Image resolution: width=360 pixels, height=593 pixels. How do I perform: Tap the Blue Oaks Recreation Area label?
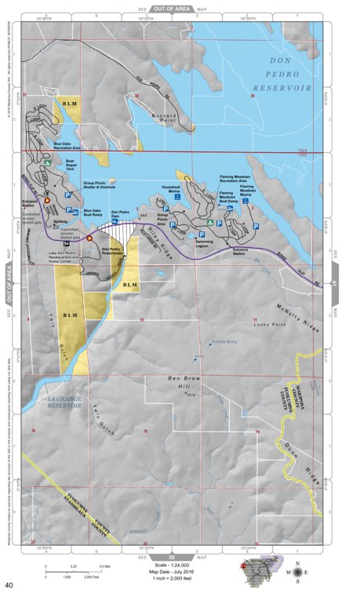(x=67, y=146)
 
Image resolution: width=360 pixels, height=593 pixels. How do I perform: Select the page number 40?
(x=9, y=584)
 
